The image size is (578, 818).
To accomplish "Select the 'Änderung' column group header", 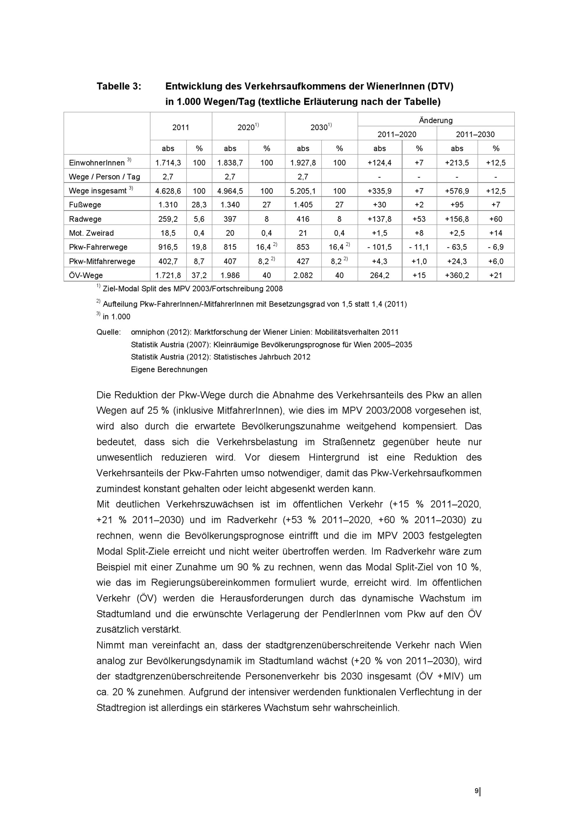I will click(x=436, y=121).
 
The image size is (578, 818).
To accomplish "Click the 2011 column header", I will click(x=181, y=127).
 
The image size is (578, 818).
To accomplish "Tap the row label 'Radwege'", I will click(x=85, y=219).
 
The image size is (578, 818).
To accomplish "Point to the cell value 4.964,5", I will click(x=230, y=191).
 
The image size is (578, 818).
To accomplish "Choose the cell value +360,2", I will click(x=457, y=275).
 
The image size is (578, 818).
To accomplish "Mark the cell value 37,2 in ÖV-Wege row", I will click(x=199, y=275).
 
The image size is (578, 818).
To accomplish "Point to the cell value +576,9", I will click(x=457, y=191).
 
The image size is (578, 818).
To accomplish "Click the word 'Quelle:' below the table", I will click(x=109, y=332).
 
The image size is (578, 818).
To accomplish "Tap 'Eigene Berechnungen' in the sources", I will click(x=169, y=369).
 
